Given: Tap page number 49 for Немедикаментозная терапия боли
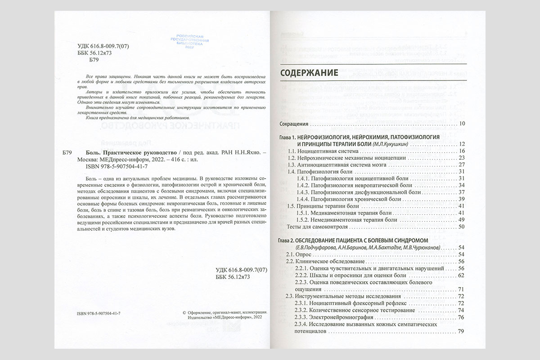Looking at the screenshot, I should click(461, 220).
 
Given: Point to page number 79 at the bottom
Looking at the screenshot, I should click(461, 332).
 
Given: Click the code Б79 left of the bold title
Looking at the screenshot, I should click(65, 153).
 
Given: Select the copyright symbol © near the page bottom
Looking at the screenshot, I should click(184, 312).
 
